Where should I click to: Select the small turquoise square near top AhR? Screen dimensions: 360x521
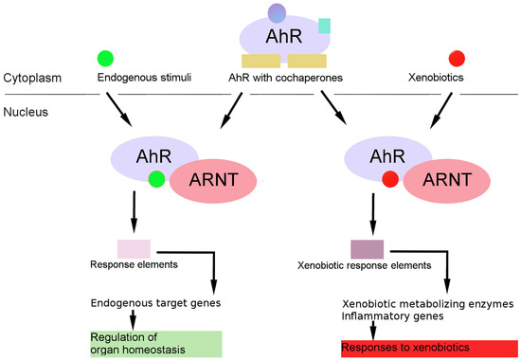tap(324, 26)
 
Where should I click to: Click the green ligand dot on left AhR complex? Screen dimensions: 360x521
tap(157, 179)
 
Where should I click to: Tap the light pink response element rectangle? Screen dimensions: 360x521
tap(134, 248)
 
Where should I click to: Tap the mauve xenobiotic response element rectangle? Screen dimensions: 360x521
tap(366, 249)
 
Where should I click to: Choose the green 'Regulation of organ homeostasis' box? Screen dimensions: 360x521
tap(155, 343)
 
